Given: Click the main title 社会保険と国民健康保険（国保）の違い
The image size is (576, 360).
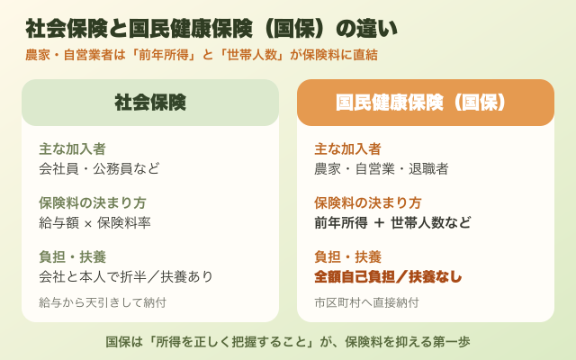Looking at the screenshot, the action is coord(211,29).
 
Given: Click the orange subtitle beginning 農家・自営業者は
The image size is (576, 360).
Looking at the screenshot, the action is coord(202,55).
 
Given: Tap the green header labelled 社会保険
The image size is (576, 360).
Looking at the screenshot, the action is coord(150,103).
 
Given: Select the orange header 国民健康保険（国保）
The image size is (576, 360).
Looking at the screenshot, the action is coord(426,103).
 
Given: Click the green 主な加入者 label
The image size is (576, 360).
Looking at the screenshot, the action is coord(72,149).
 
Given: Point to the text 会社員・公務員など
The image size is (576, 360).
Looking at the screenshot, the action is coord(99,168).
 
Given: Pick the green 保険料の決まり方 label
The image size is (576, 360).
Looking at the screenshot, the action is coord(93,203).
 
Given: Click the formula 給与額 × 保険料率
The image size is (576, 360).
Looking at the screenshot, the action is coord(94,222).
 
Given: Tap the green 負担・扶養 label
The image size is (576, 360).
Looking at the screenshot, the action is coord(72,257).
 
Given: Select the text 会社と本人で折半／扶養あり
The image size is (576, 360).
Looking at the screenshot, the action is coord(126,276).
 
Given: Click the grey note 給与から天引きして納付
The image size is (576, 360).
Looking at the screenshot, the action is coord(103,302).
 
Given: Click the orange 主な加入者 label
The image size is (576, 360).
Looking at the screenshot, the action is coord(347,149).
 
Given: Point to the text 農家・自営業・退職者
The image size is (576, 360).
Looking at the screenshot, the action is coord(382,168).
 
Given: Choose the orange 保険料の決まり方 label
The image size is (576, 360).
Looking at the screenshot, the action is coord(368,203).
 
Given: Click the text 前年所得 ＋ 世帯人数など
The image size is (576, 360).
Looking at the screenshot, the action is coord(392,222).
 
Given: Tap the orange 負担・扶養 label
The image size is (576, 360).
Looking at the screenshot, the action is coord(347,257).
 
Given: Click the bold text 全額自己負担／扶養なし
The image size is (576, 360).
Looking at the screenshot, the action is coord(388,276).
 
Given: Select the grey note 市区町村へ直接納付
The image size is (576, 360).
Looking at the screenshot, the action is coord(366,302).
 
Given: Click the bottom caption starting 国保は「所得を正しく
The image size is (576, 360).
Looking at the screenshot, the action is coord(288,342).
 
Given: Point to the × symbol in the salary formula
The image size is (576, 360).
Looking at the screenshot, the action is coord(88,224).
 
